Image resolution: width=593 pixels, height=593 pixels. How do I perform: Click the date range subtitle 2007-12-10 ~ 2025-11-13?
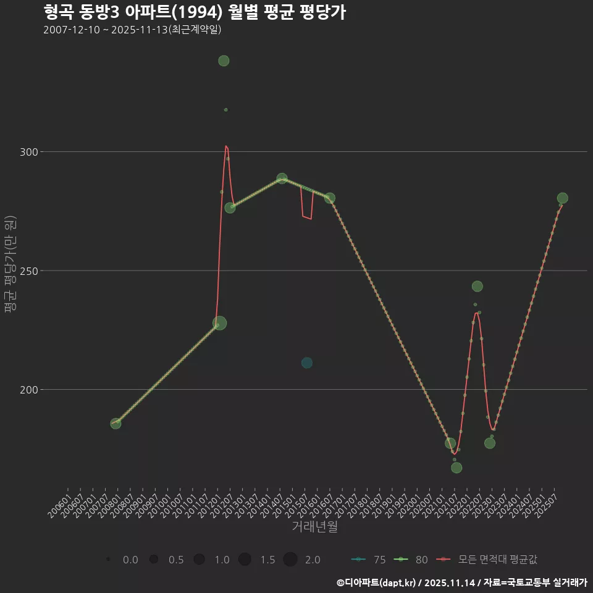(132, 30)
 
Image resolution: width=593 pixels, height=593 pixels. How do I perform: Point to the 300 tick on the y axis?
(32, 152)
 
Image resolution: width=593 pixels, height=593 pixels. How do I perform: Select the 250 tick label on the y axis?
(32, 271)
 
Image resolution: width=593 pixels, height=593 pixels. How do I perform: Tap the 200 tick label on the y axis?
(32, 390)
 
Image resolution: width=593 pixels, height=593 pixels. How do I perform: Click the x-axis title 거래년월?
(314, 527)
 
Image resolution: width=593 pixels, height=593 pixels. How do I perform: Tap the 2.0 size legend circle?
(290, 560)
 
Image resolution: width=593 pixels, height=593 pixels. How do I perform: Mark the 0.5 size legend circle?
(154, 560)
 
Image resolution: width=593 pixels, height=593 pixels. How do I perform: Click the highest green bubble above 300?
(224, 61)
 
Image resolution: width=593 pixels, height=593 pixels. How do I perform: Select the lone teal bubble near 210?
(307, 363)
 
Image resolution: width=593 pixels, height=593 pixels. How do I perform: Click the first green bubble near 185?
(116, 423)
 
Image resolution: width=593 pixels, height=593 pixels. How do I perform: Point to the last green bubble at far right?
(562, 198)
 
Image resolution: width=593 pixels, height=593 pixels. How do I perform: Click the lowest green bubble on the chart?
(456, 468)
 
